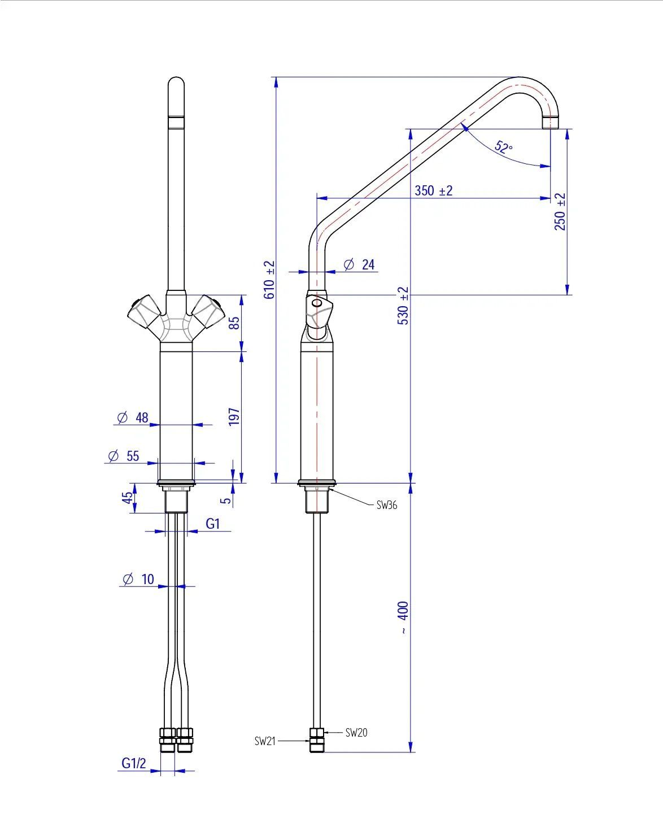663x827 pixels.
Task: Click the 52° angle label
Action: coord(504,147)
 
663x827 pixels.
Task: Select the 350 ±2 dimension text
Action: coord(433,191)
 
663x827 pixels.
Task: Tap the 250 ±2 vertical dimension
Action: coord(560,212)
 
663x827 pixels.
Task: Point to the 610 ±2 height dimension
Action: coord(269,280)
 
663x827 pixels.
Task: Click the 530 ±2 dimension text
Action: coord(403,306)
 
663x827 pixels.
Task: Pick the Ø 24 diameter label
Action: coord(359,264)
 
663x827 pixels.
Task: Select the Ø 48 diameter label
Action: coord(133,417)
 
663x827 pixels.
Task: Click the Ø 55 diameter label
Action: coord(124,456)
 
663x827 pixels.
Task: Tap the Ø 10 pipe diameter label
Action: coord(138,579)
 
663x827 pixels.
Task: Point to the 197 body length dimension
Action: coord(235,417)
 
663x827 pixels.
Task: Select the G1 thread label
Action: coord(212,524)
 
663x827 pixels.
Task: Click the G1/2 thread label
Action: coord(134,763)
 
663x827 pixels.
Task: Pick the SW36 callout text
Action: coord(387,506)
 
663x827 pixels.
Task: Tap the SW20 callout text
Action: coord(356,733)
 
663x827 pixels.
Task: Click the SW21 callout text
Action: coord(265,741)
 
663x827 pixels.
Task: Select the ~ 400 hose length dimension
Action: coord(403,617)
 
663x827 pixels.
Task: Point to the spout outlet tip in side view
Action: coord(551,123)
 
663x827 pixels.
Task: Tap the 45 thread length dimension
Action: coord(129,498)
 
